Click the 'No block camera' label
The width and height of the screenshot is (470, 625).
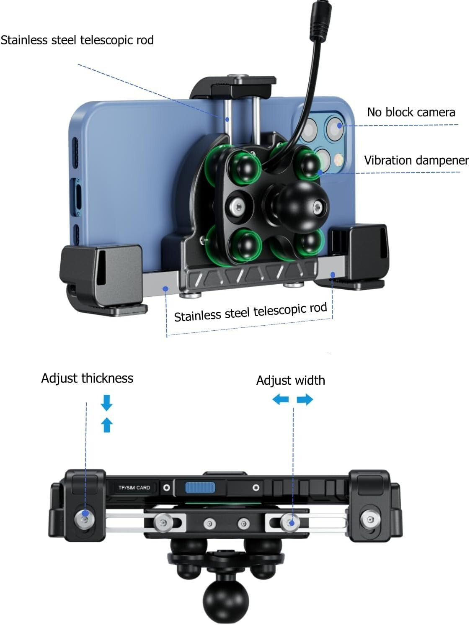click(x=411, y=112)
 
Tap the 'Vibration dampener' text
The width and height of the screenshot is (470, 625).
click(x=416, y=160)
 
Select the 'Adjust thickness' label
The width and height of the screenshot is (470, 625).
click(x=87, y=378)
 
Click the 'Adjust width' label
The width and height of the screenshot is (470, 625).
click(x=290, y=380)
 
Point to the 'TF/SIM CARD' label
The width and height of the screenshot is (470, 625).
click(x=134, y=488)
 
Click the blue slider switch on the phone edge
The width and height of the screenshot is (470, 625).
click(x=200, y=488)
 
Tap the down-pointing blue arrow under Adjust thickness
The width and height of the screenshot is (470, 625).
click(x=107, y=402)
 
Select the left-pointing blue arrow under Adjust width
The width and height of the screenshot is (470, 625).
click(x=280, y=399)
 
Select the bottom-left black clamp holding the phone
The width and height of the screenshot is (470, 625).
click(x=103, y=278)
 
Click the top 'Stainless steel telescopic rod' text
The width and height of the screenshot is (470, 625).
click(x=77, y=40)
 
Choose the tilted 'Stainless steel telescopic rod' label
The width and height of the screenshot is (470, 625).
click(x=250, y=312)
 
